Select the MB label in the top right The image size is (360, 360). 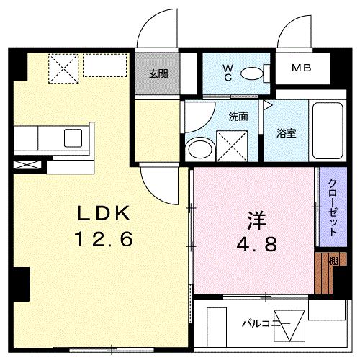pos(302,68)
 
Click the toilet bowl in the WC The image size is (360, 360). pos(252,73)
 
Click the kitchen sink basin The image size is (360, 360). pos(74,137)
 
